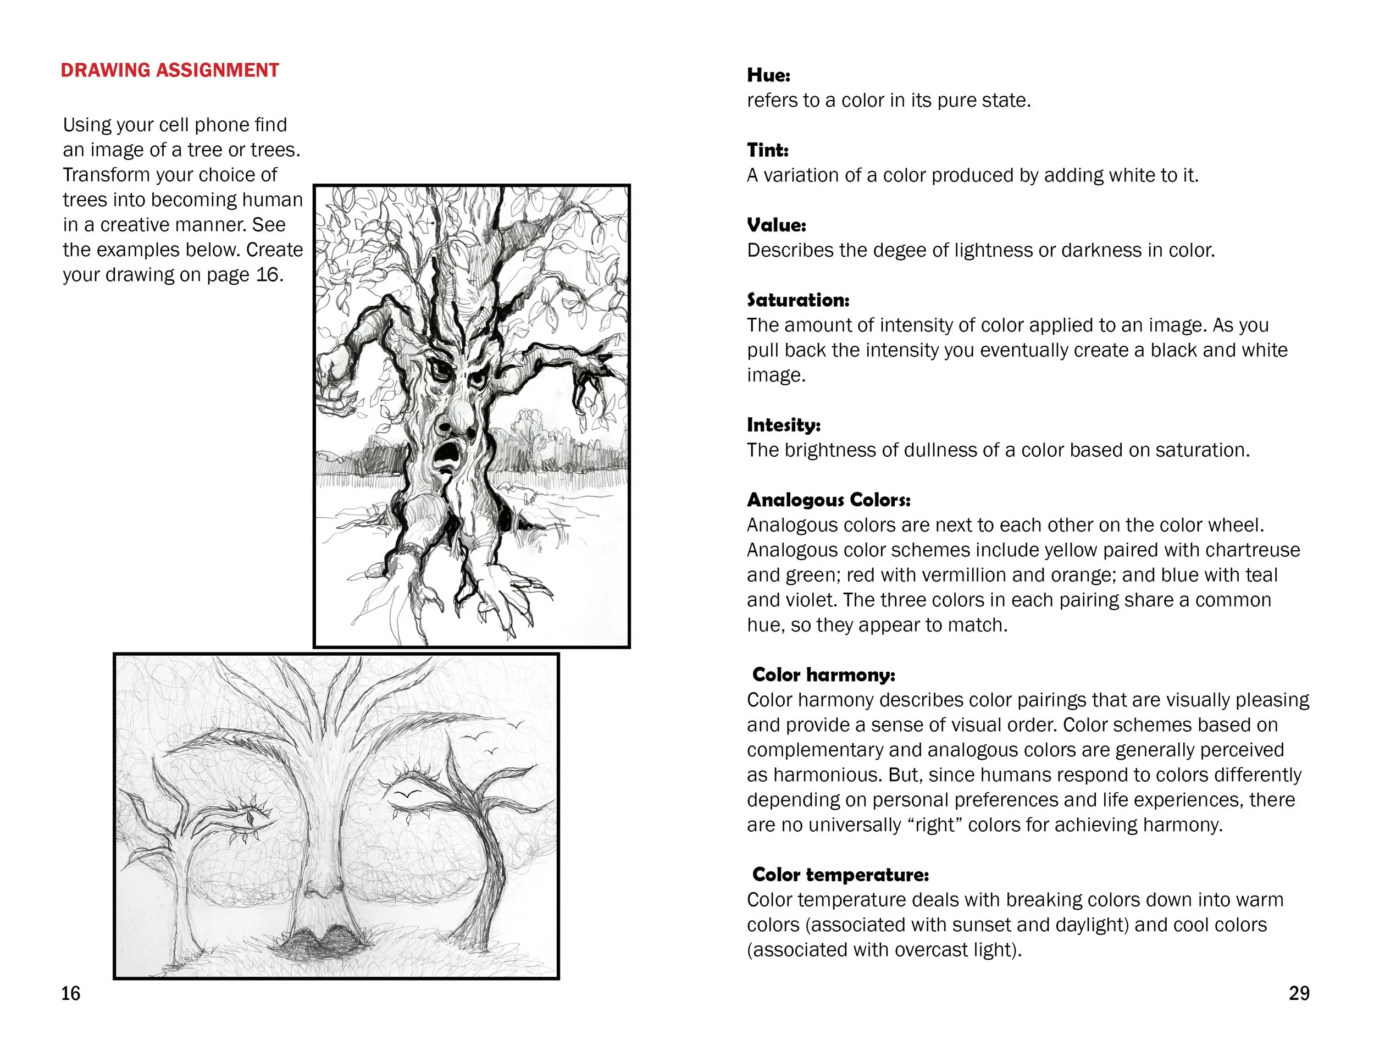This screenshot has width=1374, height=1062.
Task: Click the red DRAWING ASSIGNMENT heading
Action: [x=170, y=70]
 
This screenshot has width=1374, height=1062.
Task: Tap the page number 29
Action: [x=1299, y=993]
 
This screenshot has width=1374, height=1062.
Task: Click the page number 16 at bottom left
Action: [x=70, y=993]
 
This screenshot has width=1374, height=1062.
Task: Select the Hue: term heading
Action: [x=768, y=75]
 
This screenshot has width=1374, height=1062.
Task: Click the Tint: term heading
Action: [x=768, y=151]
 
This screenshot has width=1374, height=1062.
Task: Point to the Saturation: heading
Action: [x=797, y=300]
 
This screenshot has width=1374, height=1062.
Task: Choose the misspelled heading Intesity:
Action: [x=783, y=425]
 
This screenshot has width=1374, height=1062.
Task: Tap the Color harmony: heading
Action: [x=823, y=675]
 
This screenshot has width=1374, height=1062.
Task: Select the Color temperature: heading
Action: [x=840, y=875]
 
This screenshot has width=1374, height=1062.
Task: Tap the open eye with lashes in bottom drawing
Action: [x=251, y=819]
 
